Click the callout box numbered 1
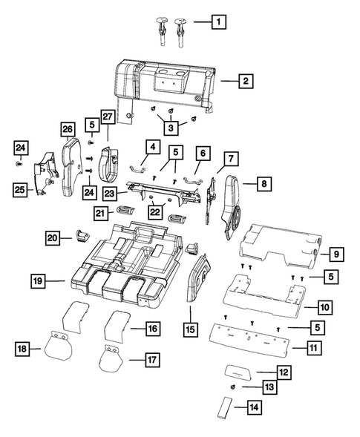pyautogui.click(x=217, y=22)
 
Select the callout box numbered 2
pyautogui.click(x=246, y=80)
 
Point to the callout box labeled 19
pyautogui.click(x=38, y=280)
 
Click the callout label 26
pyautogui.click(x=68, y=129)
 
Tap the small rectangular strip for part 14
pyautogui.click(x=224, y=408)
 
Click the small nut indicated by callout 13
pyautogui.click(x=233, y=387)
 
